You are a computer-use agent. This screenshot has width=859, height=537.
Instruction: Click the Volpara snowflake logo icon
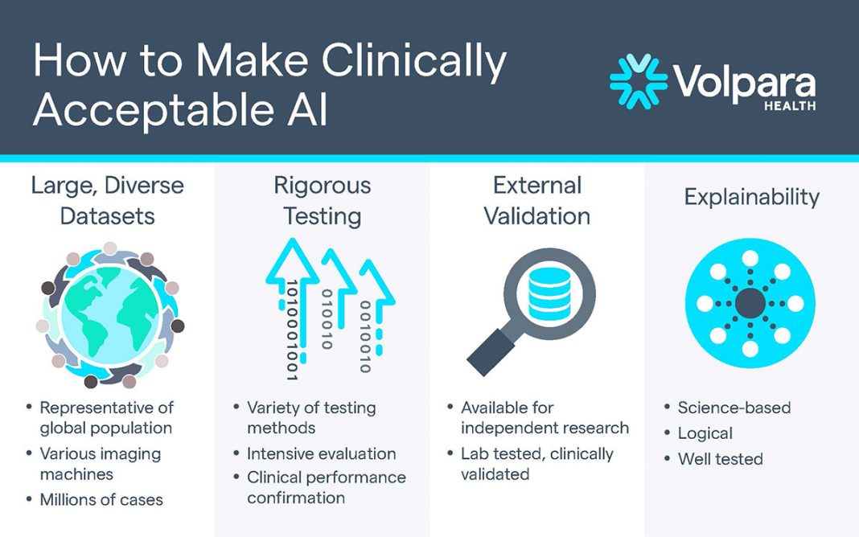point(639,81)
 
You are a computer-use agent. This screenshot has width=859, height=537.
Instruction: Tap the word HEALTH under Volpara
point(790,105)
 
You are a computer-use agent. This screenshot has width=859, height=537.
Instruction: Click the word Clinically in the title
point(414,60)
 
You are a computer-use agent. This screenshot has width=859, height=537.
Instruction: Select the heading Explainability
point(751,197)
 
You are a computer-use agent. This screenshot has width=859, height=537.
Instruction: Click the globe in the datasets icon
point(110,316)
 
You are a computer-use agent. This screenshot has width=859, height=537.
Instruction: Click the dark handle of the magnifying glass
point(491,352)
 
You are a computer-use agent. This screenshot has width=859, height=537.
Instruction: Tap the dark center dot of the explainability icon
point(750,303)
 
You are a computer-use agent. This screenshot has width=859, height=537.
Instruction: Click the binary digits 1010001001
point(292,330)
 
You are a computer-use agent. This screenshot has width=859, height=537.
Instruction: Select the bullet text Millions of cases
point(101,500)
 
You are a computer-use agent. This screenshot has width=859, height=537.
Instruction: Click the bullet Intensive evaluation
point(322,453)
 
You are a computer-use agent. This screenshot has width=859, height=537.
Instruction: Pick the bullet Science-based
point(734,408)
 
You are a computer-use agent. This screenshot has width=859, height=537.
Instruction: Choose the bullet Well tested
point(721,459)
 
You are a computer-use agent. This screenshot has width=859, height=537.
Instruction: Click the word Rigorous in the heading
point(322,187)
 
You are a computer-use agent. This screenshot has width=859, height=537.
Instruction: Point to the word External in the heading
point(537,186)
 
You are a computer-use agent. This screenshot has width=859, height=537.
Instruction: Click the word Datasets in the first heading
point(108,216)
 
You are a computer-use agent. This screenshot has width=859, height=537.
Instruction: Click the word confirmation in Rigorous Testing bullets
point(296,498)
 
